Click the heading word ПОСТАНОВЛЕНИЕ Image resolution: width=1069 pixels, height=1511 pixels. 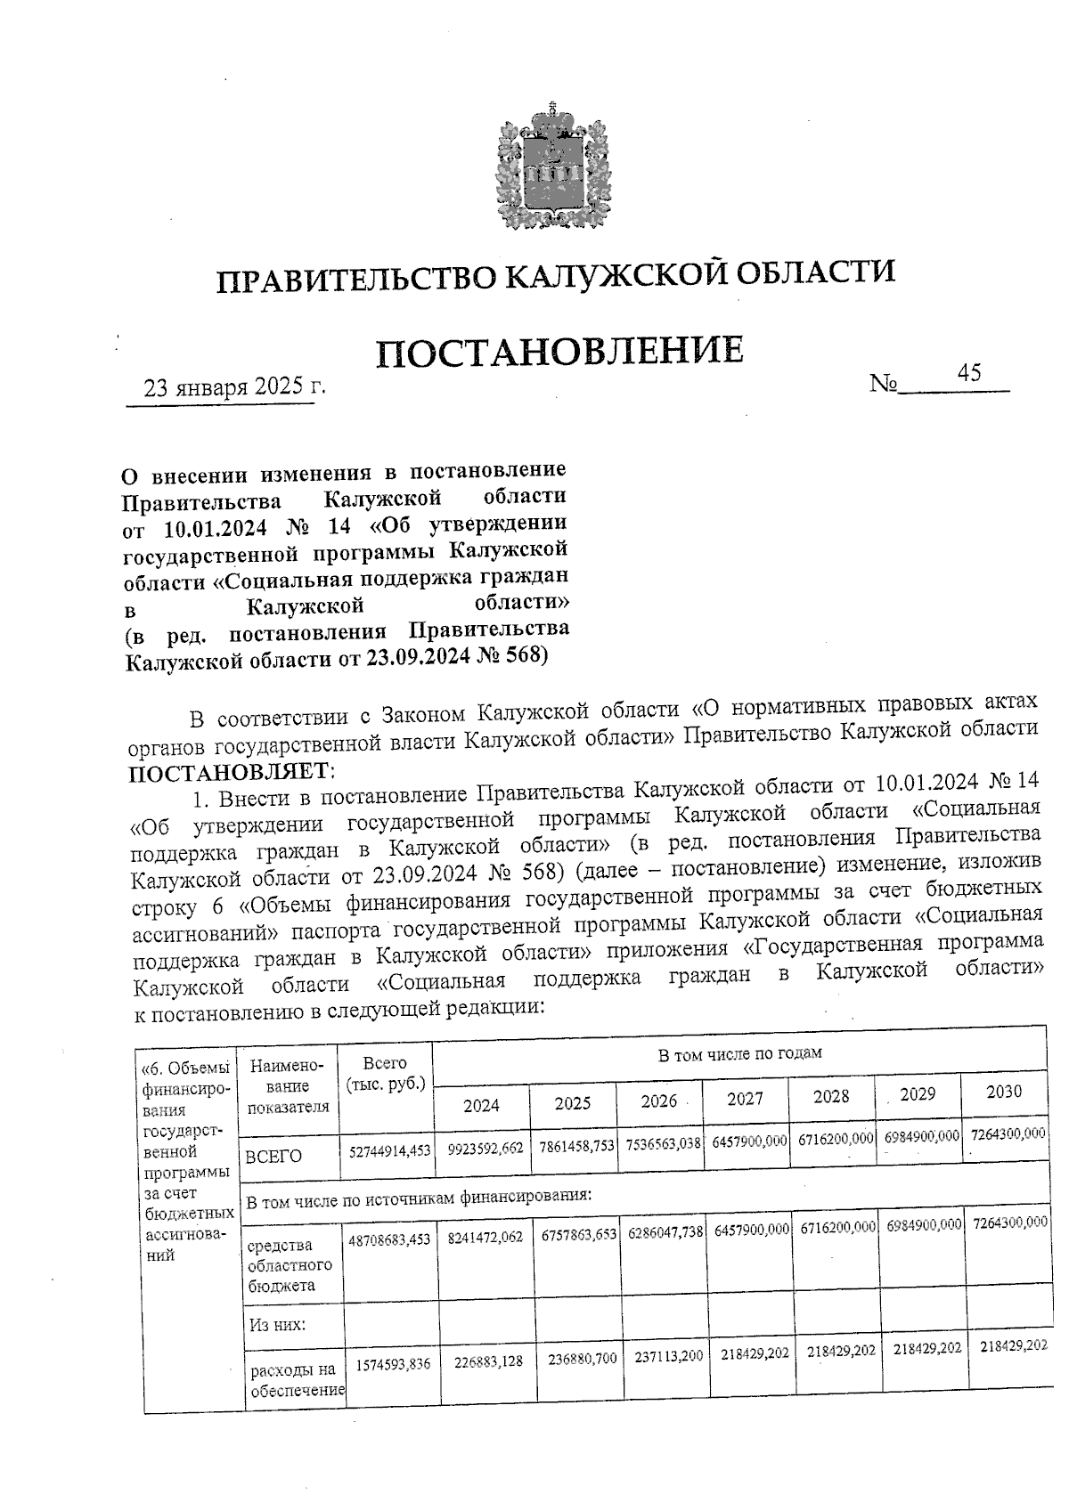559,352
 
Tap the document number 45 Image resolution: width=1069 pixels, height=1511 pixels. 968,373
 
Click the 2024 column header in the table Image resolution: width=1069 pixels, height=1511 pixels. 481,1105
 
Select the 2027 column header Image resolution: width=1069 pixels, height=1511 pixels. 745,1099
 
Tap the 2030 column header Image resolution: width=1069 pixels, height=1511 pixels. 1003,1093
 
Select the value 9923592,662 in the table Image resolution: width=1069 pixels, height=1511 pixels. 485,1148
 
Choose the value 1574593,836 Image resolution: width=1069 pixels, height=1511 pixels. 393,1363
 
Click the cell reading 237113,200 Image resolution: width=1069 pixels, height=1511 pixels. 668,1356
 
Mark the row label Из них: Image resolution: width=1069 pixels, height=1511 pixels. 277,1324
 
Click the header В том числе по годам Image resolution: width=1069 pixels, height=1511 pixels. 739,1053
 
